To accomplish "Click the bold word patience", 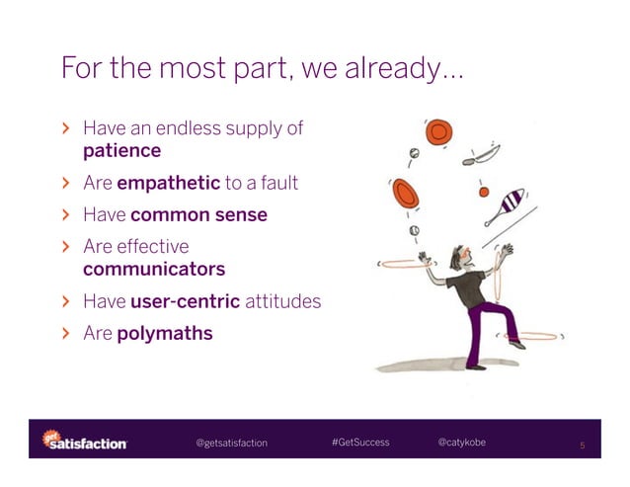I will (x=121, y=151).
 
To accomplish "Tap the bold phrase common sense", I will (x=198, y=214).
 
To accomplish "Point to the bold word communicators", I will (x=154, y=269).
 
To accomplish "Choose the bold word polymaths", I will (x=164, y=333).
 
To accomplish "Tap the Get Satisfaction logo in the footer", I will (x=84, y=442).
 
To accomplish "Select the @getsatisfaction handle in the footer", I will (x=231, y=443).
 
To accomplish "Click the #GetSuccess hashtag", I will (x=360, y=442).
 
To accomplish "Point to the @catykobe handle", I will (x=461, y=442).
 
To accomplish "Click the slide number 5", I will (x=583, y=446).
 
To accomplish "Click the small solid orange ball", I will (x=484, y=191).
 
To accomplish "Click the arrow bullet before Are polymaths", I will (x=66, y=334).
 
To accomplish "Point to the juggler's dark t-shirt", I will (x=467, y=285).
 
